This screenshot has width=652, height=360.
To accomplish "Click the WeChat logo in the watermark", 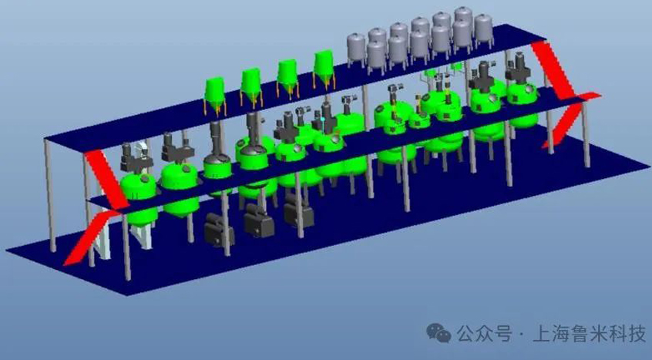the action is [x=439, y=333].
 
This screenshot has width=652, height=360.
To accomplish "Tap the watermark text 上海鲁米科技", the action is [x=589, y=333].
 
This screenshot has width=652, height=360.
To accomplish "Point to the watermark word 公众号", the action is [x=485, y=333].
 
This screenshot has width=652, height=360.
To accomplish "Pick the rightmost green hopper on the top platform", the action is [x=324, y=69].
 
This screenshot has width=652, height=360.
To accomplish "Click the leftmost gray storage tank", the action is [x=357, y=50].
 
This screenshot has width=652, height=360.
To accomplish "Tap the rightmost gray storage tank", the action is [x=483, y=30].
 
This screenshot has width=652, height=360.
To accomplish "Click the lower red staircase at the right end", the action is [x=570, y=119].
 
